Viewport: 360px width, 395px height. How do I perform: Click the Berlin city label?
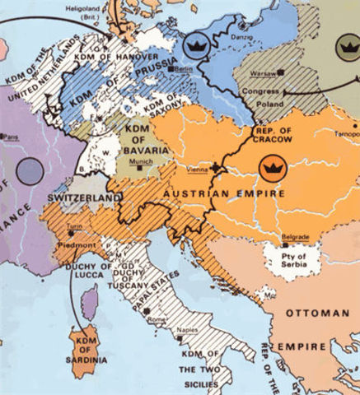pos(183,71)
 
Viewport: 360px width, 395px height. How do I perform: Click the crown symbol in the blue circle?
pos(196,47)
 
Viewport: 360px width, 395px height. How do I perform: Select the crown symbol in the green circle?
pos(348,47)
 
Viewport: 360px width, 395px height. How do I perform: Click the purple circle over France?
pos(30,170)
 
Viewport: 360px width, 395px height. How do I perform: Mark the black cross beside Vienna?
pos(217,168)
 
